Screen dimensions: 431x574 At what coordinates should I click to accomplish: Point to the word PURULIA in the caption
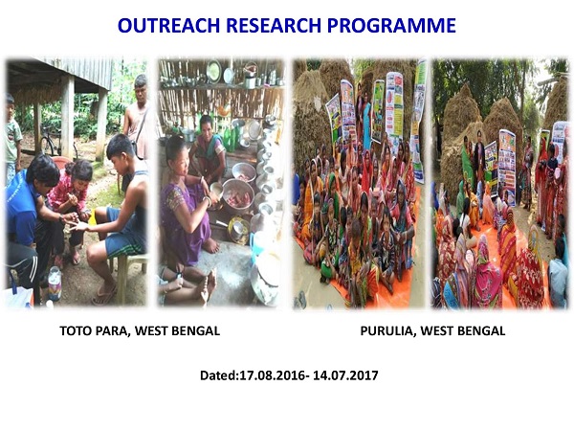(385, 331)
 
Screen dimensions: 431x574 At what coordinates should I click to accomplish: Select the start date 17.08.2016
(269, 375)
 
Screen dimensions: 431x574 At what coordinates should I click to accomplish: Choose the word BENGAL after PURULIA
(480, 331)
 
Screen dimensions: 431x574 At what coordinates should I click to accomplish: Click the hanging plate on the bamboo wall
(213, 72)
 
